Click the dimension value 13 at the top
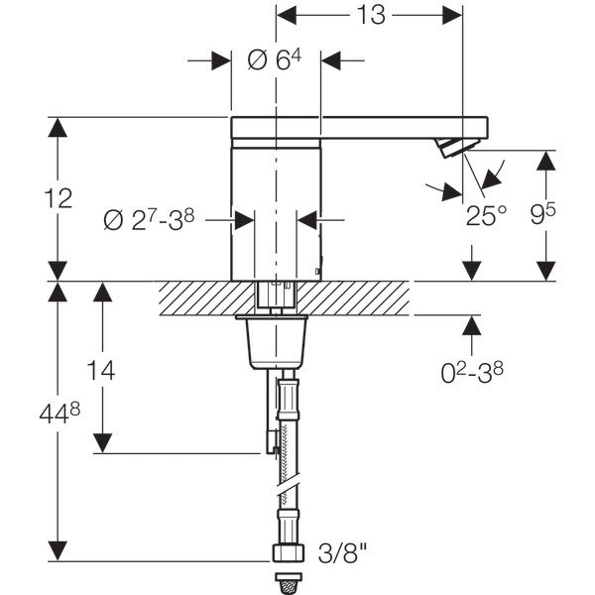tap(370, 15)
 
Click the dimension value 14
tap(99, 371)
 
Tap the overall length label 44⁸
tap(58, 413)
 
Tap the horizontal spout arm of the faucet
tap(397, 128)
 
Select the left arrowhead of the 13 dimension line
tap(286, 16)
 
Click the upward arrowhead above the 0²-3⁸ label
tap(472, 325)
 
